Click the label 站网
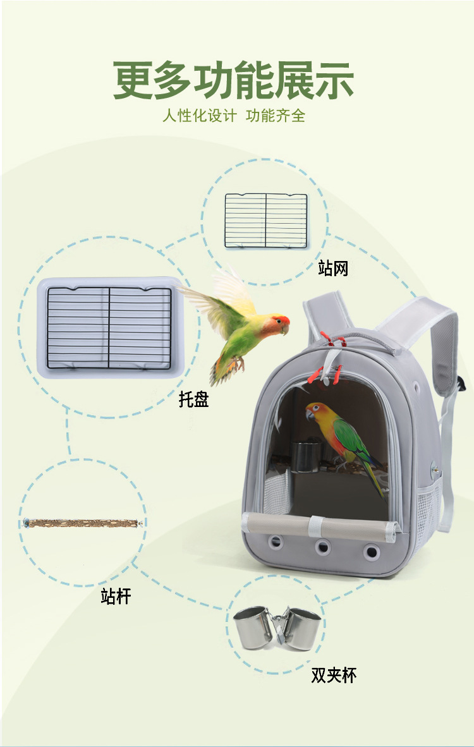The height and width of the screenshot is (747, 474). point(333,269)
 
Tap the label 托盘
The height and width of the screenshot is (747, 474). point(193,399)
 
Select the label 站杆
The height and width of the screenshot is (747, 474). point(116,596)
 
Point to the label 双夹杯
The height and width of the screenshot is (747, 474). point(334,675)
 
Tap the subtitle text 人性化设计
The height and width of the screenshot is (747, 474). point(199,116)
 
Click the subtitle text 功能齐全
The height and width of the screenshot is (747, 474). point(276,116)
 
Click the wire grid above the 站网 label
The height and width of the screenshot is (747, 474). point(266,220)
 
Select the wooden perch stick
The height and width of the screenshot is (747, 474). point(82,523)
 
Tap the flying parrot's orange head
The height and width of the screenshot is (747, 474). point(276,325)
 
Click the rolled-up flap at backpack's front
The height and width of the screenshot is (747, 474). point(319,525)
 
